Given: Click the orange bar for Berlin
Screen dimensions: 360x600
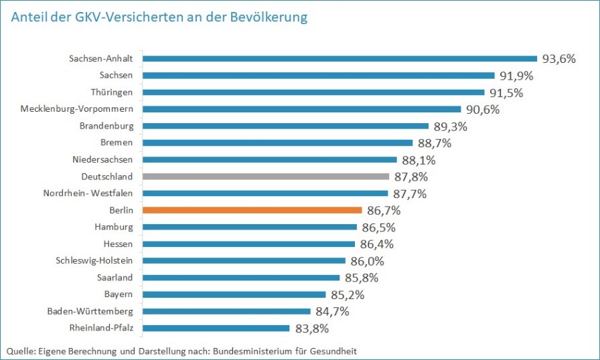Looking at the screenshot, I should [x=252, y=210].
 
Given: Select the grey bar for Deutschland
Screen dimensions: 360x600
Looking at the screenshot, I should [x=266, y=177].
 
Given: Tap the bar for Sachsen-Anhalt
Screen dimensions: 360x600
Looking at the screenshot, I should [x=340, y=58].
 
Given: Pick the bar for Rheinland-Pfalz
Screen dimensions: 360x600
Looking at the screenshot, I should [x=216, y=328].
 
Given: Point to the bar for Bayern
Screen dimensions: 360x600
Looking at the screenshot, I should [x=234, y=294].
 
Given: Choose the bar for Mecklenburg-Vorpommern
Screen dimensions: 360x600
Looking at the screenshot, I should [x=302, y=109].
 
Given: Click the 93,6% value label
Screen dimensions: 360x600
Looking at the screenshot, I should [x=559, y=59].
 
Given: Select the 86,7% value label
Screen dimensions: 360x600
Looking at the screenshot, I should [x=383, y=211].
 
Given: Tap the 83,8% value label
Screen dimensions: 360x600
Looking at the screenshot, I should [x=311, y=329].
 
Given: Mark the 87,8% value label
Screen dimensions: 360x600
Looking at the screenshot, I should [x=410, y=177].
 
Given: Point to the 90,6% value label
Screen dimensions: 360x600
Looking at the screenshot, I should [x=482, y=110].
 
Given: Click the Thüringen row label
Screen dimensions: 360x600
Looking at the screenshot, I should [x=112, y=92].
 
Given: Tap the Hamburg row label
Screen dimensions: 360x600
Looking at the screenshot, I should [x=114, y=227].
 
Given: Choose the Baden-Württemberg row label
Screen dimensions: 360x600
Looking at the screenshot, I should [x=90, y=311].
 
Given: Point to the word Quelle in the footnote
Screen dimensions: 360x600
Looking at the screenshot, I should [x=21, y=350].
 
